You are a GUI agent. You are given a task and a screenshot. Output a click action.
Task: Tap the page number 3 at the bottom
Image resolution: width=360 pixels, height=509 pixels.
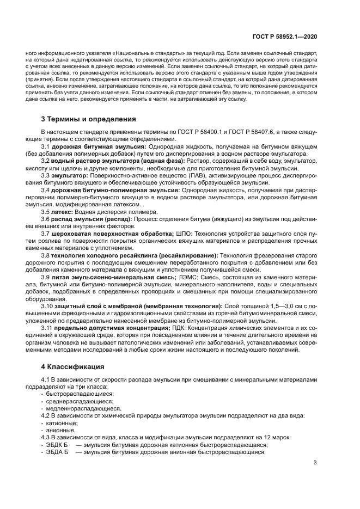[315, 463]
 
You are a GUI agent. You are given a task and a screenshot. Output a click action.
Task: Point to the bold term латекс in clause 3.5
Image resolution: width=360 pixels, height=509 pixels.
[62, 212]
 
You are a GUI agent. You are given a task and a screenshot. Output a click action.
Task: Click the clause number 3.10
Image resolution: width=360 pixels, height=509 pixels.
[48, 306]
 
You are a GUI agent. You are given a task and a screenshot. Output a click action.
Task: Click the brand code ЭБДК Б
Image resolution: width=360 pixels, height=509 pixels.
[56, 444]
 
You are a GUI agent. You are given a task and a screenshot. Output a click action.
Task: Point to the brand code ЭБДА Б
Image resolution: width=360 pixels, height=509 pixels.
[56, 452]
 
